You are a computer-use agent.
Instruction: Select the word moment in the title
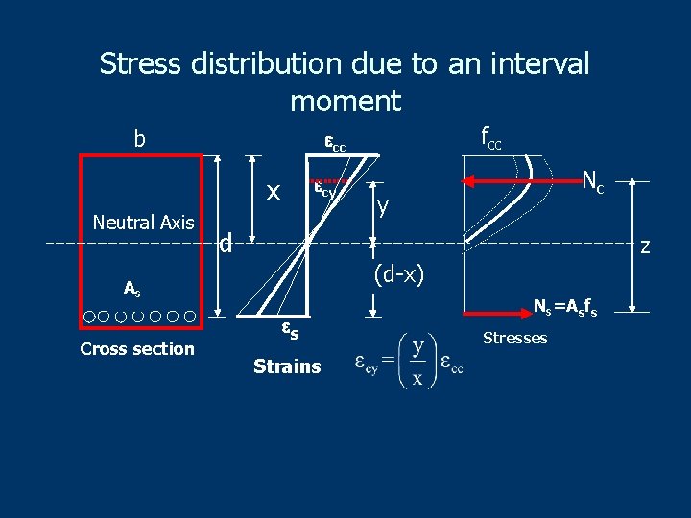pyautogui.click(x=345, y=100)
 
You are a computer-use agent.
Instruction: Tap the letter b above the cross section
pyautogui.click(x=139, y=139)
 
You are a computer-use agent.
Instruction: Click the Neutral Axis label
pyautogui.click(x=144, y=223)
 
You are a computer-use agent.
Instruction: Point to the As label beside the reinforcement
pyautogui.click(x=131, y=287)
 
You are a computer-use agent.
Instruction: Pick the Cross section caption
pyautogui.click(x=137, y=349)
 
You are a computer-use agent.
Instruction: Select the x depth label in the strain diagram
pyautogui.click(x=274, y=192)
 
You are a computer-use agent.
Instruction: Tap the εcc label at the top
pyautogui.click(x=334, y=144)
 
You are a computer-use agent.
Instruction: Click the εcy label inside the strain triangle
pyautogui.click(x=326, y=190)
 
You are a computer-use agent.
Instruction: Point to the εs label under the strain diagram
pyautogui.click(x=289, y=331)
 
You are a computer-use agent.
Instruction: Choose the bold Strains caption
pyautogui.click(x=287, y=366)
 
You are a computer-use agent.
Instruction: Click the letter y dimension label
pyautogui.click(x=383, y=205)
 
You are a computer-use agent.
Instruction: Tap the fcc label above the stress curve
pyautogui.click(x=490, y=139)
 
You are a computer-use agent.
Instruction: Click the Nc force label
pyautogui.click(x=593, y=179)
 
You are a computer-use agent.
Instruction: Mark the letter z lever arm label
pyautogui.click(x=645, y=247)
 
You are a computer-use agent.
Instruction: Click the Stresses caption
pyautogui.click(x=514, y=338)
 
